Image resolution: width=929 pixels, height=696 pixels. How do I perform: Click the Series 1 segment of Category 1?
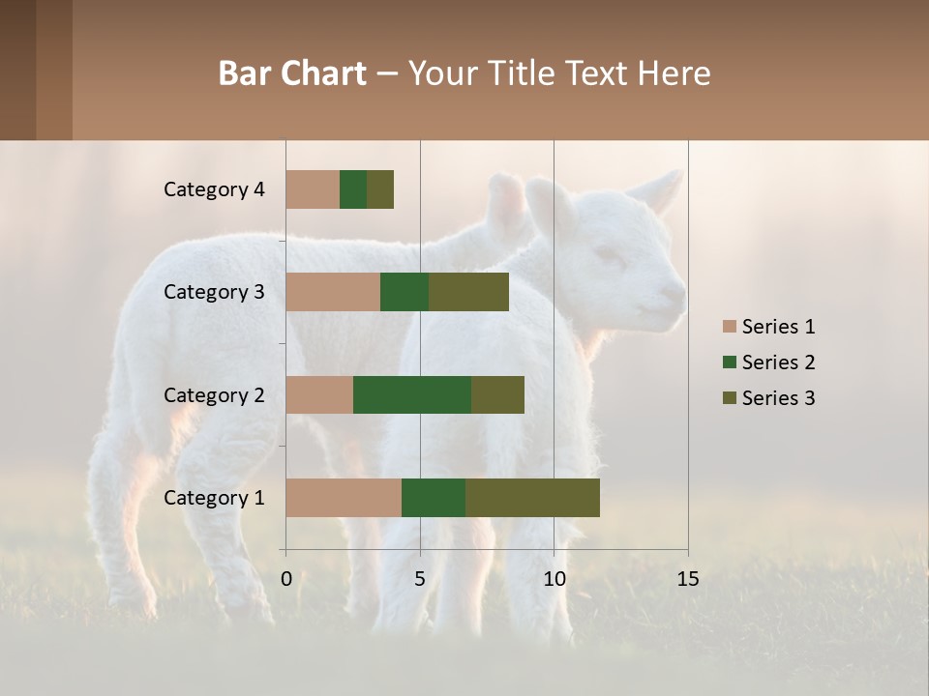coord(344,498)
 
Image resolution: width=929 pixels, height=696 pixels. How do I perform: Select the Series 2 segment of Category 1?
coord(434,498)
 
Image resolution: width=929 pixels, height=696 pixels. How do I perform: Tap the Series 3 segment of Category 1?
coord(532,498)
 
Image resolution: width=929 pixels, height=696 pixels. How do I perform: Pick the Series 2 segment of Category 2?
coord(412,394)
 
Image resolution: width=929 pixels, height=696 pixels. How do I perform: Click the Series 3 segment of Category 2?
coord(497,394)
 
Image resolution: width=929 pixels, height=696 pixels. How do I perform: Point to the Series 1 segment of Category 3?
coord(333,292)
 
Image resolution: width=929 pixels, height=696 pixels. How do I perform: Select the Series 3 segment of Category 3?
coord(468,292)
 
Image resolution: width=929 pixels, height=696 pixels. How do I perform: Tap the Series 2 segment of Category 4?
coord(353,189)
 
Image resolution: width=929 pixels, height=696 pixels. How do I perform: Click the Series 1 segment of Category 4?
coord(313,189)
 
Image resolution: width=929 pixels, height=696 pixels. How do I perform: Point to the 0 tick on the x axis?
coord(286,579)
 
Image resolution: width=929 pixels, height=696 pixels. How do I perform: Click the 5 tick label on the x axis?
coord(420,579)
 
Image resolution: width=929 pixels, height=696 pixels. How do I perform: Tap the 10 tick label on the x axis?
coord(554,579)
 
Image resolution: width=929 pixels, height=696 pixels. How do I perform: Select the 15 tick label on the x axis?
coord(688,579)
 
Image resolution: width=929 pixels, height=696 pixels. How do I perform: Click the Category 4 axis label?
coord(214,189)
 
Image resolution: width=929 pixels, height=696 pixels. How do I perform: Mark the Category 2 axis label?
coord(214,394)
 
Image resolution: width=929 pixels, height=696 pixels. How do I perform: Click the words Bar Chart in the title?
coord(292,73)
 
